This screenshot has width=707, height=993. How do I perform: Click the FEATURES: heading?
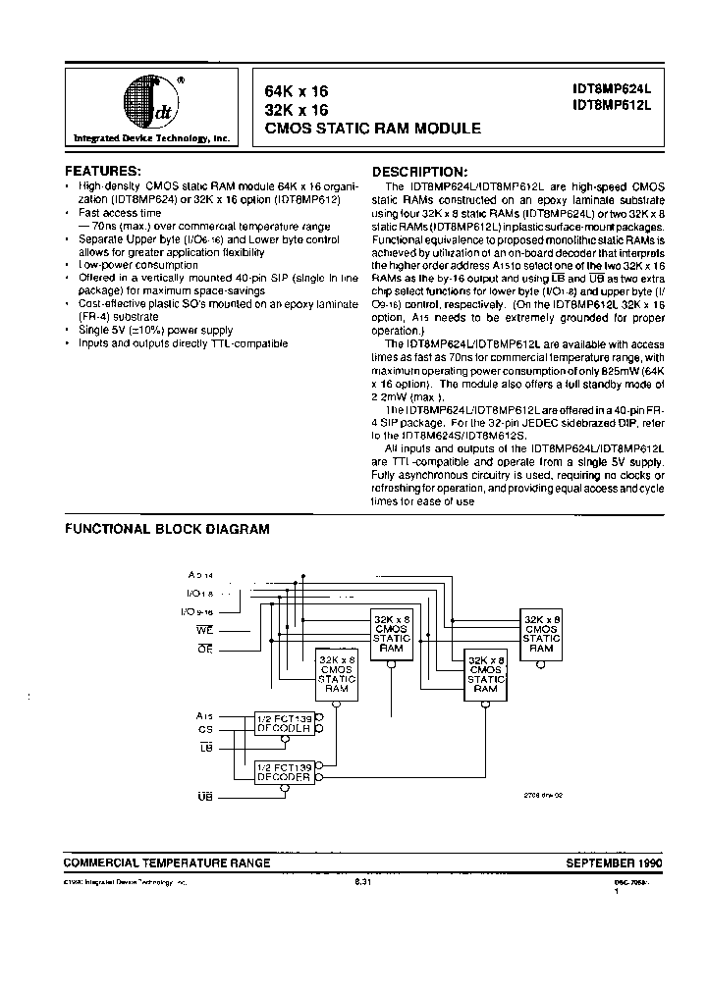103,171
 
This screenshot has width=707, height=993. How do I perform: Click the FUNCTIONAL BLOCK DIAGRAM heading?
167,528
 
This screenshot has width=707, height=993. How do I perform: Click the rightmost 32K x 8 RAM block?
542,635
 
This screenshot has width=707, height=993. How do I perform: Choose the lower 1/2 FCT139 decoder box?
283,773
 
